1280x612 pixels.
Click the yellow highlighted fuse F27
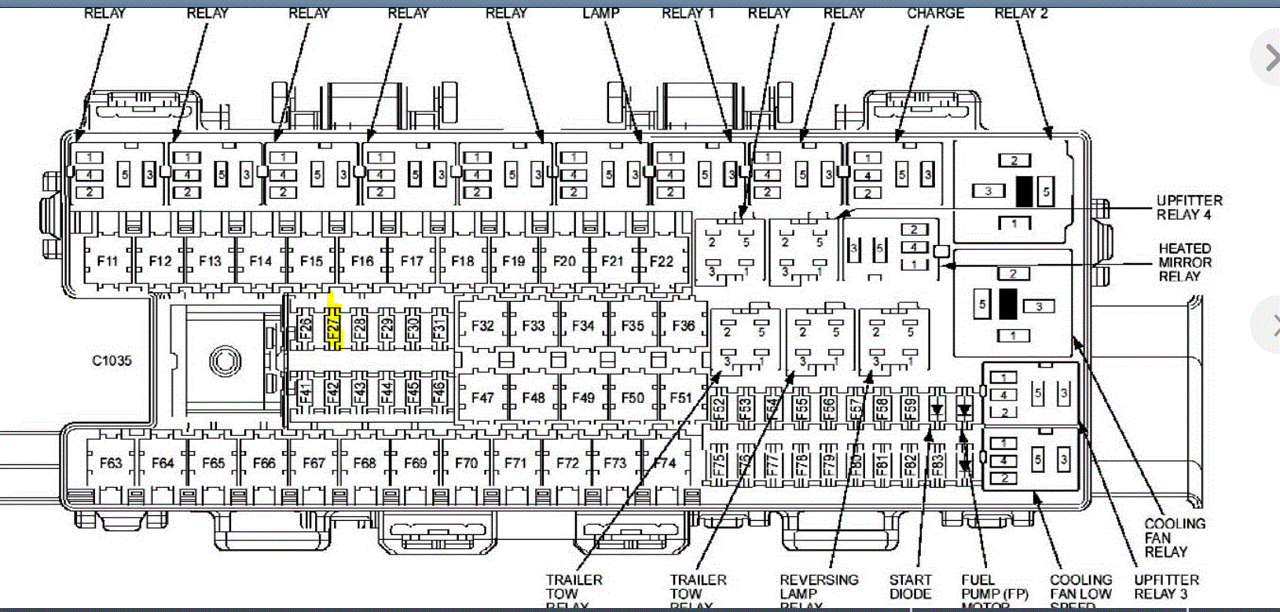[334, 324]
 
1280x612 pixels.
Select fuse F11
[108, 261]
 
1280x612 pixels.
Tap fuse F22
[661, 261]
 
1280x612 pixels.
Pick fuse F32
[482, 325]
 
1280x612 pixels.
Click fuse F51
[680, 398]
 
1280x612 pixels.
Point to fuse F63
[111, 463]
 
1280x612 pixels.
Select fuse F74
[665, 463]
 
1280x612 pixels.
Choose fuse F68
[365, 463]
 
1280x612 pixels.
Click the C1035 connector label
[112, 361]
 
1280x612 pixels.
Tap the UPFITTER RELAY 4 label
[1189, 207]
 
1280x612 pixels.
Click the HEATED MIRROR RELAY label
[1185, 262]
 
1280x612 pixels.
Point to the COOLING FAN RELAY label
[1174, 537]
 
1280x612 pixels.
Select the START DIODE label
[910, 587]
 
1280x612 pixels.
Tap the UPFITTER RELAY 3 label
[1166, 587]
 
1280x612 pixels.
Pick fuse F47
[482, 398]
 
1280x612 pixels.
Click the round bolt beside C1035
[225, 361]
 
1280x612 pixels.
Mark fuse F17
[412, 261]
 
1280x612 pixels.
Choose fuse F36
[683, 325]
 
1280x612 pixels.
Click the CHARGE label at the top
[935, 13]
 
